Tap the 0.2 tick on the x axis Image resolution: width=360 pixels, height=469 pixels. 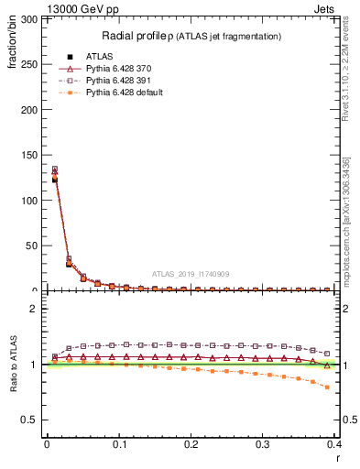tap(191, 445)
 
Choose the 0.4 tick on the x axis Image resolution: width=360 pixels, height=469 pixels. tap(333, 445)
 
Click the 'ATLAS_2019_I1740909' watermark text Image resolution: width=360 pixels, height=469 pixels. tap(191, 274)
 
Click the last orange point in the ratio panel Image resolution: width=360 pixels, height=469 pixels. tap(327, 387)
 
